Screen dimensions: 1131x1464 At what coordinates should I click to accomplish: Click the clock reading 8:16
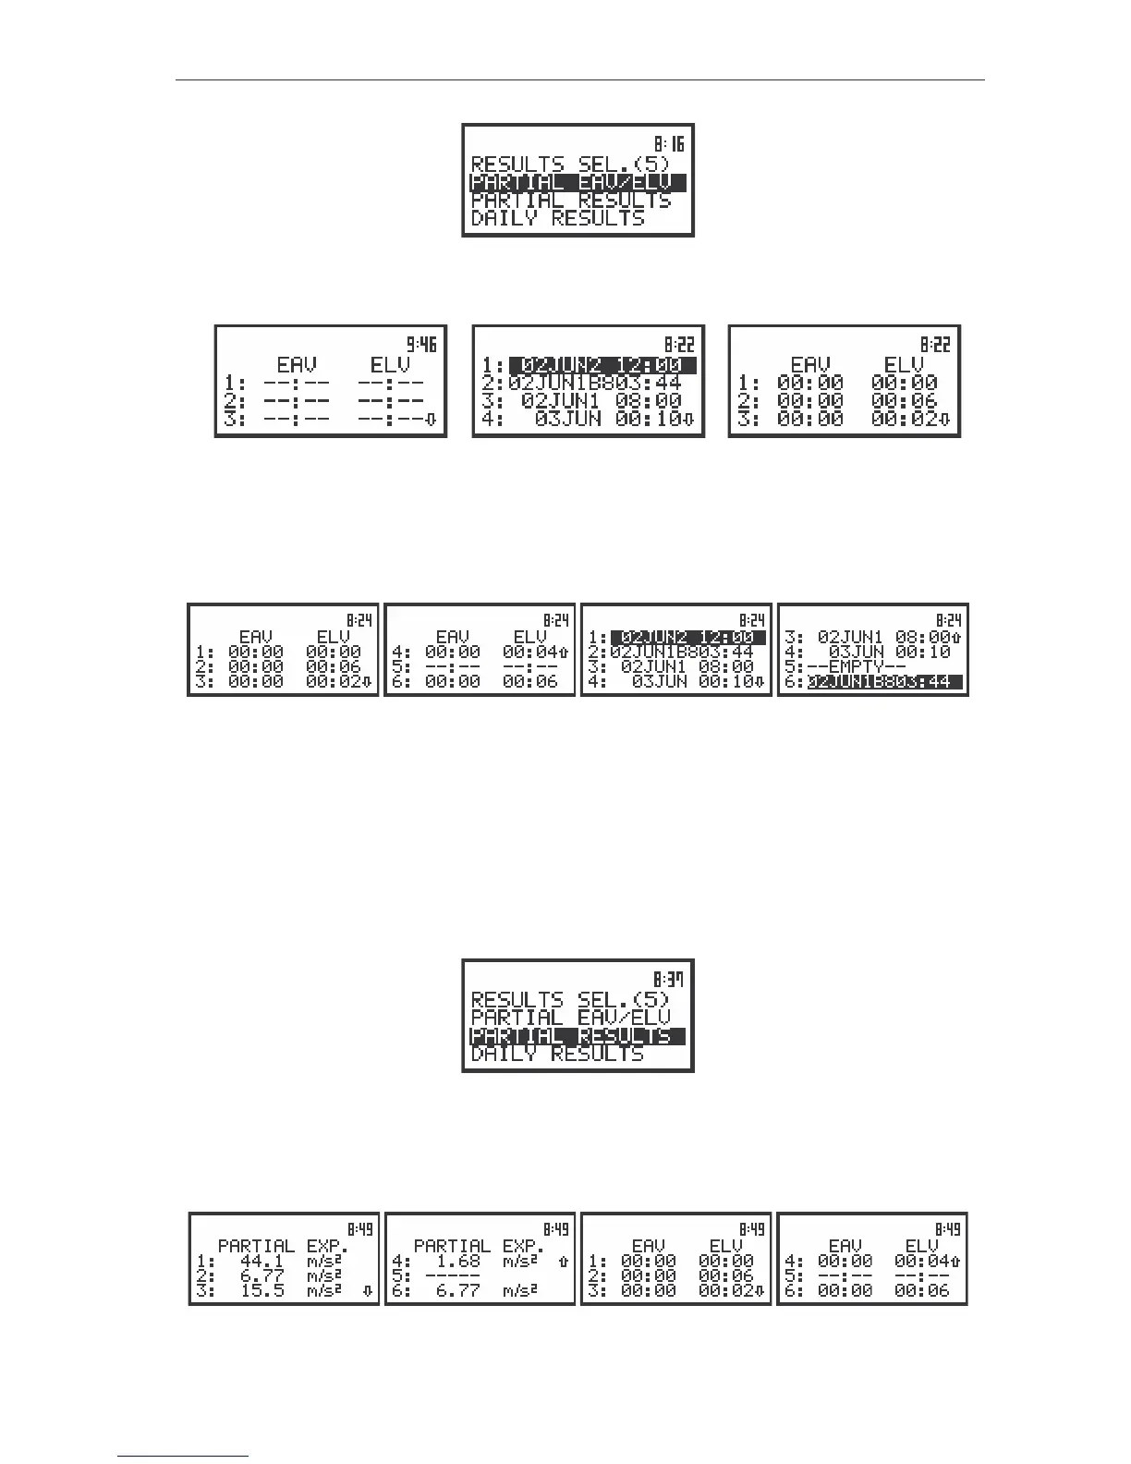(x=669, y=144)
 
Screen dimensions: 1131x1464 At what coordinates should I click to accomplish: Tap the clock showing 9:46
(x=421, y=345)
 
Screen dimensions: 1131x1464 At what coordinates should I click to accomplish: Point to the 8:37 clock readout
(x=669, y=980)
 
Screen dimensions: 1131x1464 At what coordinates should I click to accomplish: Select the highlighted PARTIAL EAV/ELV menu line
(x=578, y=182)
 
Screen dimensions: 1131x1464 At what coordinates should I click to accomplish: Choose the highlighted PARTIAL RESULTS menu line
(x=578, y=1035)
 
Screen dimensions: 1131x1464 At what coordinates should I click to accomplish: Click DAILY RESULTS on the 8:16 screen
(x=557, y=219)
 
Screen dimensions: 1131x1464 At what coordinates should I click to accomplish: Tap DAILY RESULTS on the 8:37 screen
(x=557, y=1054)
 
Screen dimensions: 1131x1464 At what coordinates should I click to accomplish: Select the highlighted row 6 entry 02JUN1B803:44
(x=885, y=682)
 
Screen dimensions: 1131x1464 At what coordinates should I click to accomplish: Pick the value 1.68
(x=457, y=1261)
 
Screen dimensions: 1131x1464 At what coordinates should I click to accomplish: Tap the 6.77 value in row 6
(x=457, y=1290)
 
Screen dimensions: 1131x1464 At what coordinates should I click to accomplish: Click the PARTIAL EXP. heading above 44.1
(x=283, y=1246)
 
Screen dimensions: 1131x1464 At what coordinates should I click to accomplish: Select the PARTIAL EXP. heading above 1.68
(x=479, y=1246)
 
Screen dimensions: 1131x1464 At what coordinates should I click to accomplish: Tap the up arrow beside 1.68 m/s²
(x=564, y=1261)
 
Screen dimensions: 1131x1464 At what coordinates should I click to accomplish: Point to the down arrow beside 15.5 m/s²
(x=368, y=1291)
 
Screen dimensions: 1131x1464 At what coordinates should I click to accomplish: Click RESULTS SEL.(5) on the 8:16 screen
(x=570, y=165)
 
